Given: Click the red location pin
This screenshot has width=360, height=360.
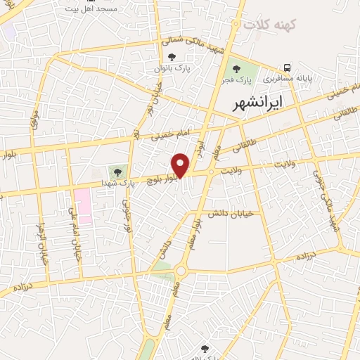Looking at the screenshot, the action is click(181, 165).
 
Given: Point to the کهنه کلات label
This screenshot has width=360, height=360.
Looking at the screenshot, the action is click(271, 24).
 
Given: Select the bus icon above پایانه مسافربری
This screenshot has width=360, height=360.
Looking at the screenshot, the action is click(288, 67).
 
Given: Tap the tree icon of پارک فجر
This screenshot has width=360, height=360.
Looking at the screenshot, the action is click(236, 69).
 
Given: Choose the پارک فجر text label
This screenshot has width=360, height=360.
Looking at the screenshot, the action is click(236, 80).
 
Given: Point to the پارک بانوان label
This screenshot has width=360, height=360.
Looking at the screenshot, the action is click(173, 68).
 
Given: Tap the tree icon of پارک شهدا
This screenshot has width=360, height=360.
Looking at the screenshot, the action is click(117, 172).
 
